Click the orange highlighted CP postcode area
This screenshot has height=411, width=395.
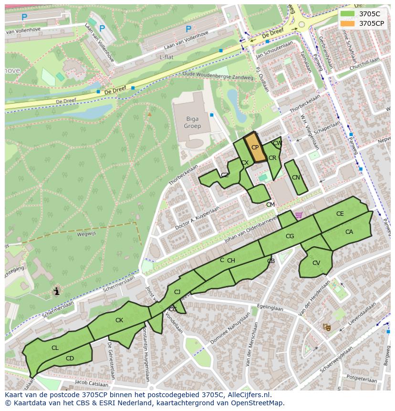point(255,148)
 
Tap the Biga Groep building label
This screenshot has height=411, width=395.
point(192,123)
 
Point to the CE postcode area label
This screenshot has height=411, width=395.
point(340,214)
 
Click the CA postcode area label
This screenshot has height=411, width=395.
point(349,232)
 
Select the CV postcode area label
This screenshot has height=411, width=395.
point(316,263)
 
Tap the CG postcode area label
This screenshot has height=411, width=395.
point(290,236)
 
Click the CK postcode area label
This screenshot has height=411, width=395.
point(119,320)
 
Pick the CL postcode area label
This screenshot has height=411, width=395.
point(55,348)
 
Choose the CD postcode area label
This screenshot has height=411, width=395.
point(70,358)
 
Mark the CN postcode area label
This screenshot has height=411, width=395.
point(296,178)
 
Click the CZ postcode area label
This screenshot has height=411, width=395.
point(225,175)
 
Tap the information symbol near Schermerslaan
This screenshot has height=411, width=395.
point(57,291)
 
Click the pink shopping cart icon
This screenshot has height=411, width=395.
point(299,215)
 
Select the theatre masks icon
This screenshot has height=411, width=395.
point(327,327)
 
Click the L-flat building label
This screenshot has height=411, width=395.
point(166,57)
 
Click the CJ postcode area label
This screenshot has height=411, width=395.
point(177,292)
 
